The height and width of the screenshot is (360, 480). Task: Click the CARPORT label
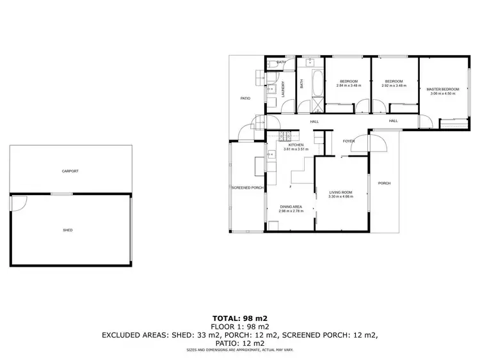coord(70,171)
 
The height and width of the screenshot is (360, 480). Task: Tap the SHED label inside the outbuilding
coord(67,230)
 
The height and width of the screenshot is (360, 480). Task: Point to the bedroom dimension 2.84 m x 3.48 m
coord(349,86)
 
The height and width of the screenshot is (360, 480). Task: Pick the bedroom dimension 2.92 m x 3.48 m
coord(394,86)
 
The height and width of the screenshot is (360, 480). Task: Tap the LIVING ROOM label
coord(340,192)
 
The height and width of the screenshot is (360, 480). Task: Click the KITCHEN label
coord(296,145)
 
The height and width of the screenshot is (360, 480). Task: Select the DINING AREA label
coord(291,207)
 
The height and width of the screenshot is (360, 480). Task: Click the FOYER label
coord(349,141)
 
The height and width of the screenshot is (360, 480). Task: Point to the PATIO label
coord(244,98)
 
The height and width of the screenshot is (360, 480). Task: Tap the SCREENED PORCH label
coord(248,187)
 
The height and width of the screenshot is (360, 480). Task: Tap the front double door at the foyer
coord(370,141)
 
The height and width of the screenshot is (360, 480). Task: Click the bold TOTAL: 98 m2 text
coord(239,318)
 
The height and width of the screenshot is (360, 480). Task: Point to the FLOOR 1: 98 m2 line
coord(239,325)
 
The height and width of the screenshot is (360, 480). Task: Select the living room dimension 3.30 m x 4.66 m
coord(340,196)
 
